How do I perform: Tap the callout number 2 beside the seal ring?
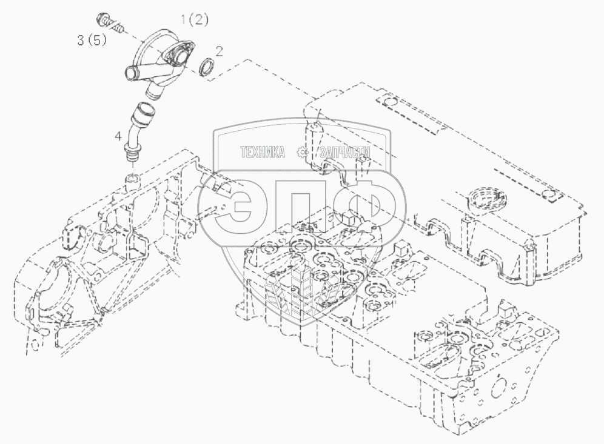click(220, 51)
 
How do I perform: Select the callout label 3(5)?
click(90, 41)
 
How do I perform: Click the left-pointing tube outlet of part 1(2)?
click(130, 75)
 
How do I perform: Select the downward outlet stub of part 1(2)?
click(155, 91)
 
